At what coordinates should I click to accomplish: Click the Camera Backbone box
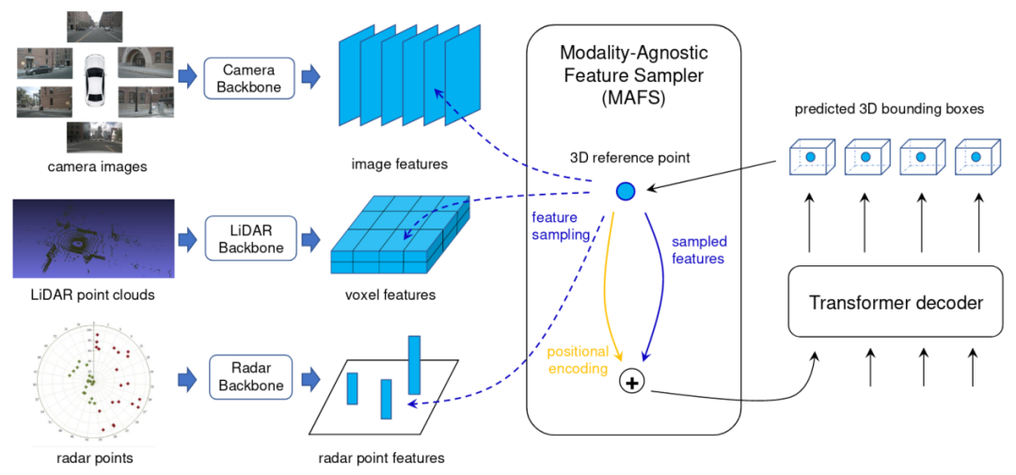[249, 78]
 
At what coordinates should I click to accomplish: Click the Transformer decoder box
[896, 303]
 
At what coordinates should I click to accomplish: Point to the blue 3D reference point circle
[626, 191]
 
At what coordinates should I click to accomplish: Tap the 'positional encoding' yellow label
[578, 361]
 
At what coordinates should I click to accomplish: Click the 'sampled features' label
[697, 250]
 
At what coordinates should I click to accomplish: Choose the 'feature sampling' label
[559, 226]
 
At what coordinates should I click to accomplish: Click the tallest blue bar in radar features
[414, 365]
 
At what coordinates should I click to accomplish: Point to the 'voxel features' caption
[390, 296]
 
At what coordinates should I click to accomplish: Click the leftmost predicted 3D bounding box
[809, 157]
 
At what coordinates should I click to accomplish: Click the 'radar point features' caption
[381, 458]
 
